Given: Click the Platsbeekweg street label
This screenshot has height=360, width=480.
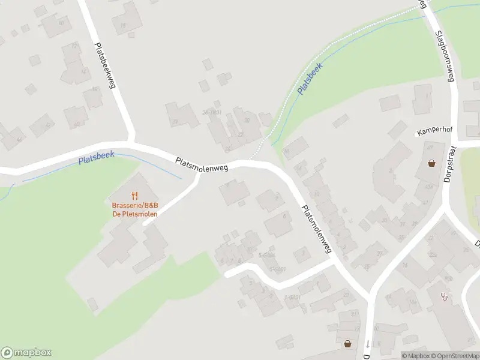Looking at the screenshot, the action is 104,65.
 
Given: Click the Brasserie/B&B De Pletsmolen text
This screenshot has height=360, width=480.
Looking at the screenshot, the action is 134,209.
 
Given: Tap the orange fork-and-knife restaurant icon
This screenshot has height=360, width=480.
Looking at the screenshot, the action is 134,195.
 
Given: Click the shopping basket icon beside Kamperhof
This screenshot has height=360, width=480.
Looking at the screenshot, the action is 431,163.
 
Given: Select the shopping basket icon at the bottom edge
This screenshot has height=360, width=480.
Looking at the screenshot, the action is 347,344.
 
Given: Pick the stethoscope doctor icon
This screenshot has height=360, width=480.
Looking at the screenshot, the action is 444,296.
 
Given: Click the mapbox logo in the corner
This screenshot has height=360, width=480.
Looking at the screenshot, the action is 26,353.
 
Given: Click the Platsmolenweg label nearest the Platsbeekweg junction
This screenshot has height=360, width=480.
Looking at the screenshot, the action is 202,166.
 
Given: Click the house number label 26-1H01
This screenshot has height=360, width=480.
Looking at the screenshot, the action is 212,112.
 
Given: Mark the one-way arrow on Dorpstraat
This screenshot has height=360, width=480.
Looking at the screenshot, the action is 367,344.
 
